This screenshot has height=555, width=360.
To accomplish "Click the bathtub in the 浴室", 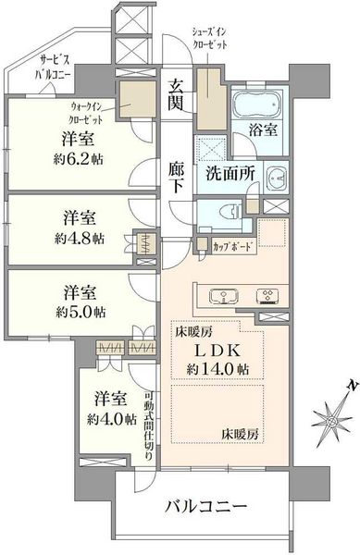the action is (257, 104).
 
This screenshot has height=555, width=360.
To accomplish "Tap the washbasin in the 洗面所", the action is (277, 178).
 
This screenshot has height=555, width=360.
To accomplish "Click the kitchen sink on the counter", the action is (224, 296).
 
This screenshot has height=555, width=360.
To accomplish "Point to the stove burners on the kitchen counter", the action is (267, 296).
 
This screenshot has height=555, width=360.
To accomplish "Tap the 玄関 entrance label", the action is (176, 95).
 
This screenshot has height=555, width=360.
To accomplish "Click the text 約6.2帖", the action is (79, 160).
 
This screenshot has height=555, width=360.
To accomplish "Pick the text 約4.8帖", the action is (80, 240).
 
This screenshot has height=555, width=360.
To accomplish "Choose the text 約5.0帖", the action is (80, 313).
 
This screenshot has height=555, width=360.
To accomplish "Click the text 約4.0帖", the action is (112, 419).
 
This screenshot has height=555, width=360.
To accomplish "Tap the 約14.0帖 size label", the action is (218, 369).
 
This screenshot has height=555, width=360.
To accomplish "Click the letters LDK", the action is (218, 351).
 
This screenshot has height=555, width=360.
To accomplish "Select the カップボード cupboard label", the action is (233, 246).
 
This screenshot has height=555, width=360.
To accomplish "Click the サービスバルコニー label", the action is (53, 68).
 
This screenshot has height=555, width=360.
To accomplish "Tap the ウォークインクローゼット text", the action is (86, 113).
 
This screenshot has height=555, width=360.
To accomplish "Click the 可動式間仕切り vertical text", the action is (149, 425).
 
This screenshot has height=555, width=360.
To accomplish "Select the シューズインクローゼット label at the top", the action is (209, 39).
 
